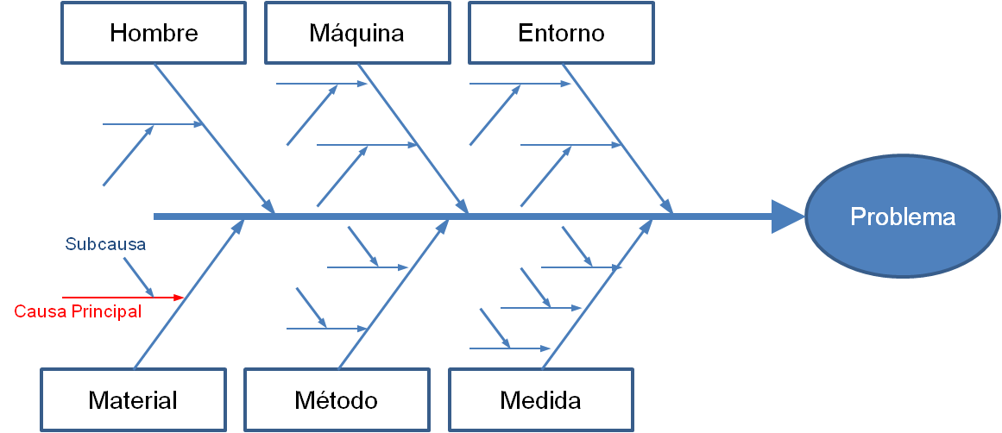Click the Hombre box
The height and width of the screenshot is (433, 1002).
pos(154,33)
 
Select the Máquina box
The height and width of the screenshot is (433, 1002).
pos(356,33)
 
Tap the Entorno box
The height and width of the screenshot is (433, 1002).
pos(561,33)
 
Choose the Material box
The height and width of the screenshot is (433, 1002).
pos(133,400)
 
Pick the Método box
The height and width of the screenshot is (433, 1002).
pos(336,400)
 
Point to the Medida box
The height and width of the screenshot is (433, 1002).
pos(540,400)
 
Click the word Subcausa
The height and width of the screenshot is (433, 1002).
pos(105,244)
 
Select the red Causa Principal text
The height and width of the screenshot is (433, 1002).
pos(78,311)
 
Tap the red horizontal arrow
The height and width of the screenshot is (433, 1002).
pos(121,298)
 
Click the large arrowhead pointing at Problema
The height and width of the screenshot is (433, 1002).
pos(785,216)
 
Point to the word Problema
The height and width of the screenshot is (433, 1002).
pos(902,216)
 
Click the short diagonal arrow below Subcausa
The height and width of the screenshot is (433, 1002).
pos(138,276)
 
